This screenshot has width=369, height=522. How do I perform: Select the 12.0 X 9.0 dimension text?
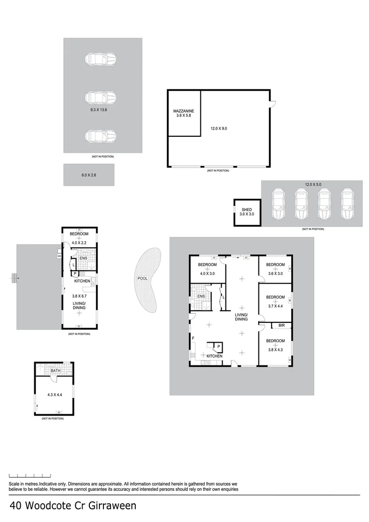[x=218, y=129]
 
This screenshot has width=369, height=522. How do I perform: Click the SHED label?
[x=246, y=210]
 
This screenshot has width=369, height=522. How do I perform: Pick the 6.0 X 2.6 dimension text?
[x=88, y=175]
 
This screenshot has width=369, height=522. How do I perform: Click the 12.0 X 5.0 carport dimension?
[x=312, y=184]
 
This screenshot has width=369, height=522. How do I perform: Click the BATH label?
[x=55, y=371]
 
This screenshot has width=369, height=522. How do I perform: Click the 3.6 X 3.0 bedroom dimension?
[x=275, y=274]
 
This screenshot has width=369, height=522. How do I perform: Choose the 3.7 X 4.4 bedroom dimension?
[x=275, y=305]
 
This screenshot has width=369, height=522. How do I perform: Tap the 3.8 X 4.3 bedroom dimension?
[x=275, y=350]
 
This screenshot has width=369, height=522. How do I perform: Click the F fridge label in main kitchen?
[x=193, y=338]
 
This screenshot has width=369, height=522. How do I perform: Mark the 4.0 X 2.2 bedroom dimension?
[x=79, y=243]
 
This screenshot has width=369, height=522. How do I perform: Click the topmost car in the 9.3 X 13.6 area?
[x=101, y=59]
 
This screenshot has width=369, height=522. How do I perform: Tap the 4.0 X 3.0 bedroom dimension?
[x=207, y=274]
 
